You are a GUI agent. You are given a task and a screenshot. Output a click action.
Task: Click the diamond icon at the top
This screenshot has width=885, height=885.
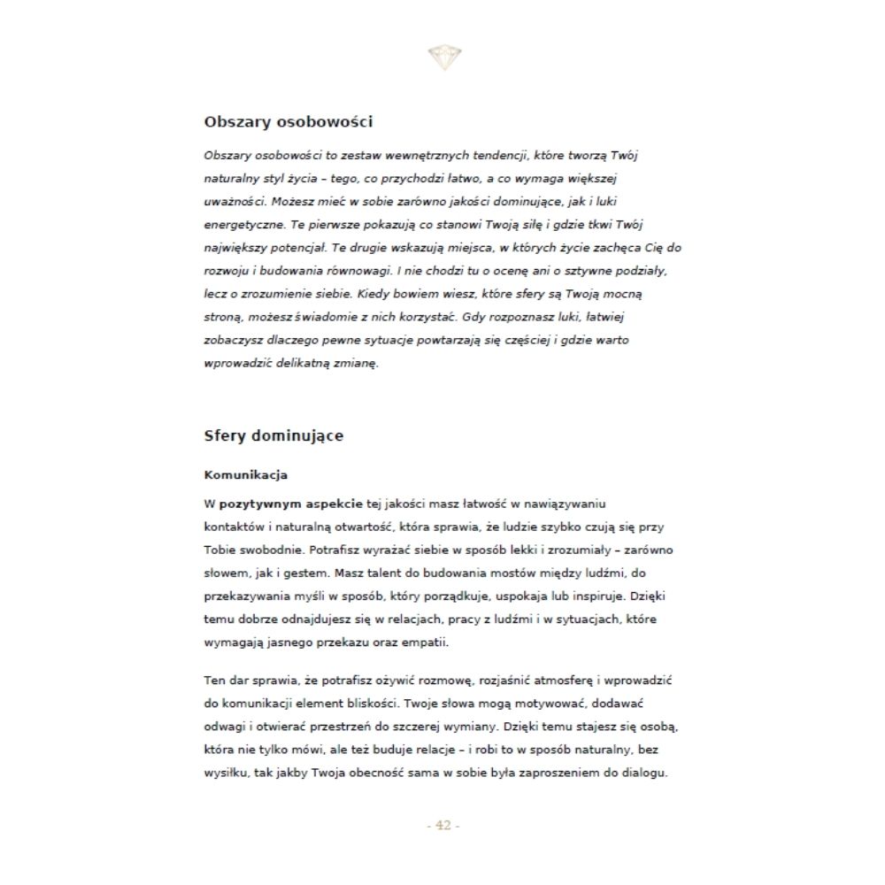click(x=443, y=58)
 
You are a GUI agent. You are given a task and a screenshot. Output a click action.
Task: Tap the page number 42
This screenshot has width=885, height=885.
click(x=443, y=826)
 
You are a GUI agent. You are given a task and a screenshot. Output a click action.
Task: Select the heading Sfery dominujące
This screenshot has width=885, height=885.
click(x=273, y=436)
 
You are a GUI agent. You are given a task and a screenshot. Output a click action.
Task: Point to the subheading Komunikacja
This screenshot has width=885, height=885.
click(x=245, y=475)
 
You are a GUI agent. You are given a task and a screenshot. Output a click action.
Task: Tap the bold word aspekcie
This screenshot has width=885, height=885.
click(x=335, y=504)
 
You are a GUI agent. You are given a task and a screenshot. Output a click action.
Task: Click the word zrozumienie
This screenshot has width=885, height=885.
click(x=272, y=293)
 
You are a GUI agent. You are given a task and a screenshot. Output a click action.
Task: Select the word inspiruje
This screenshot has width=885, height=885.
click(x=581, y=596)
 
